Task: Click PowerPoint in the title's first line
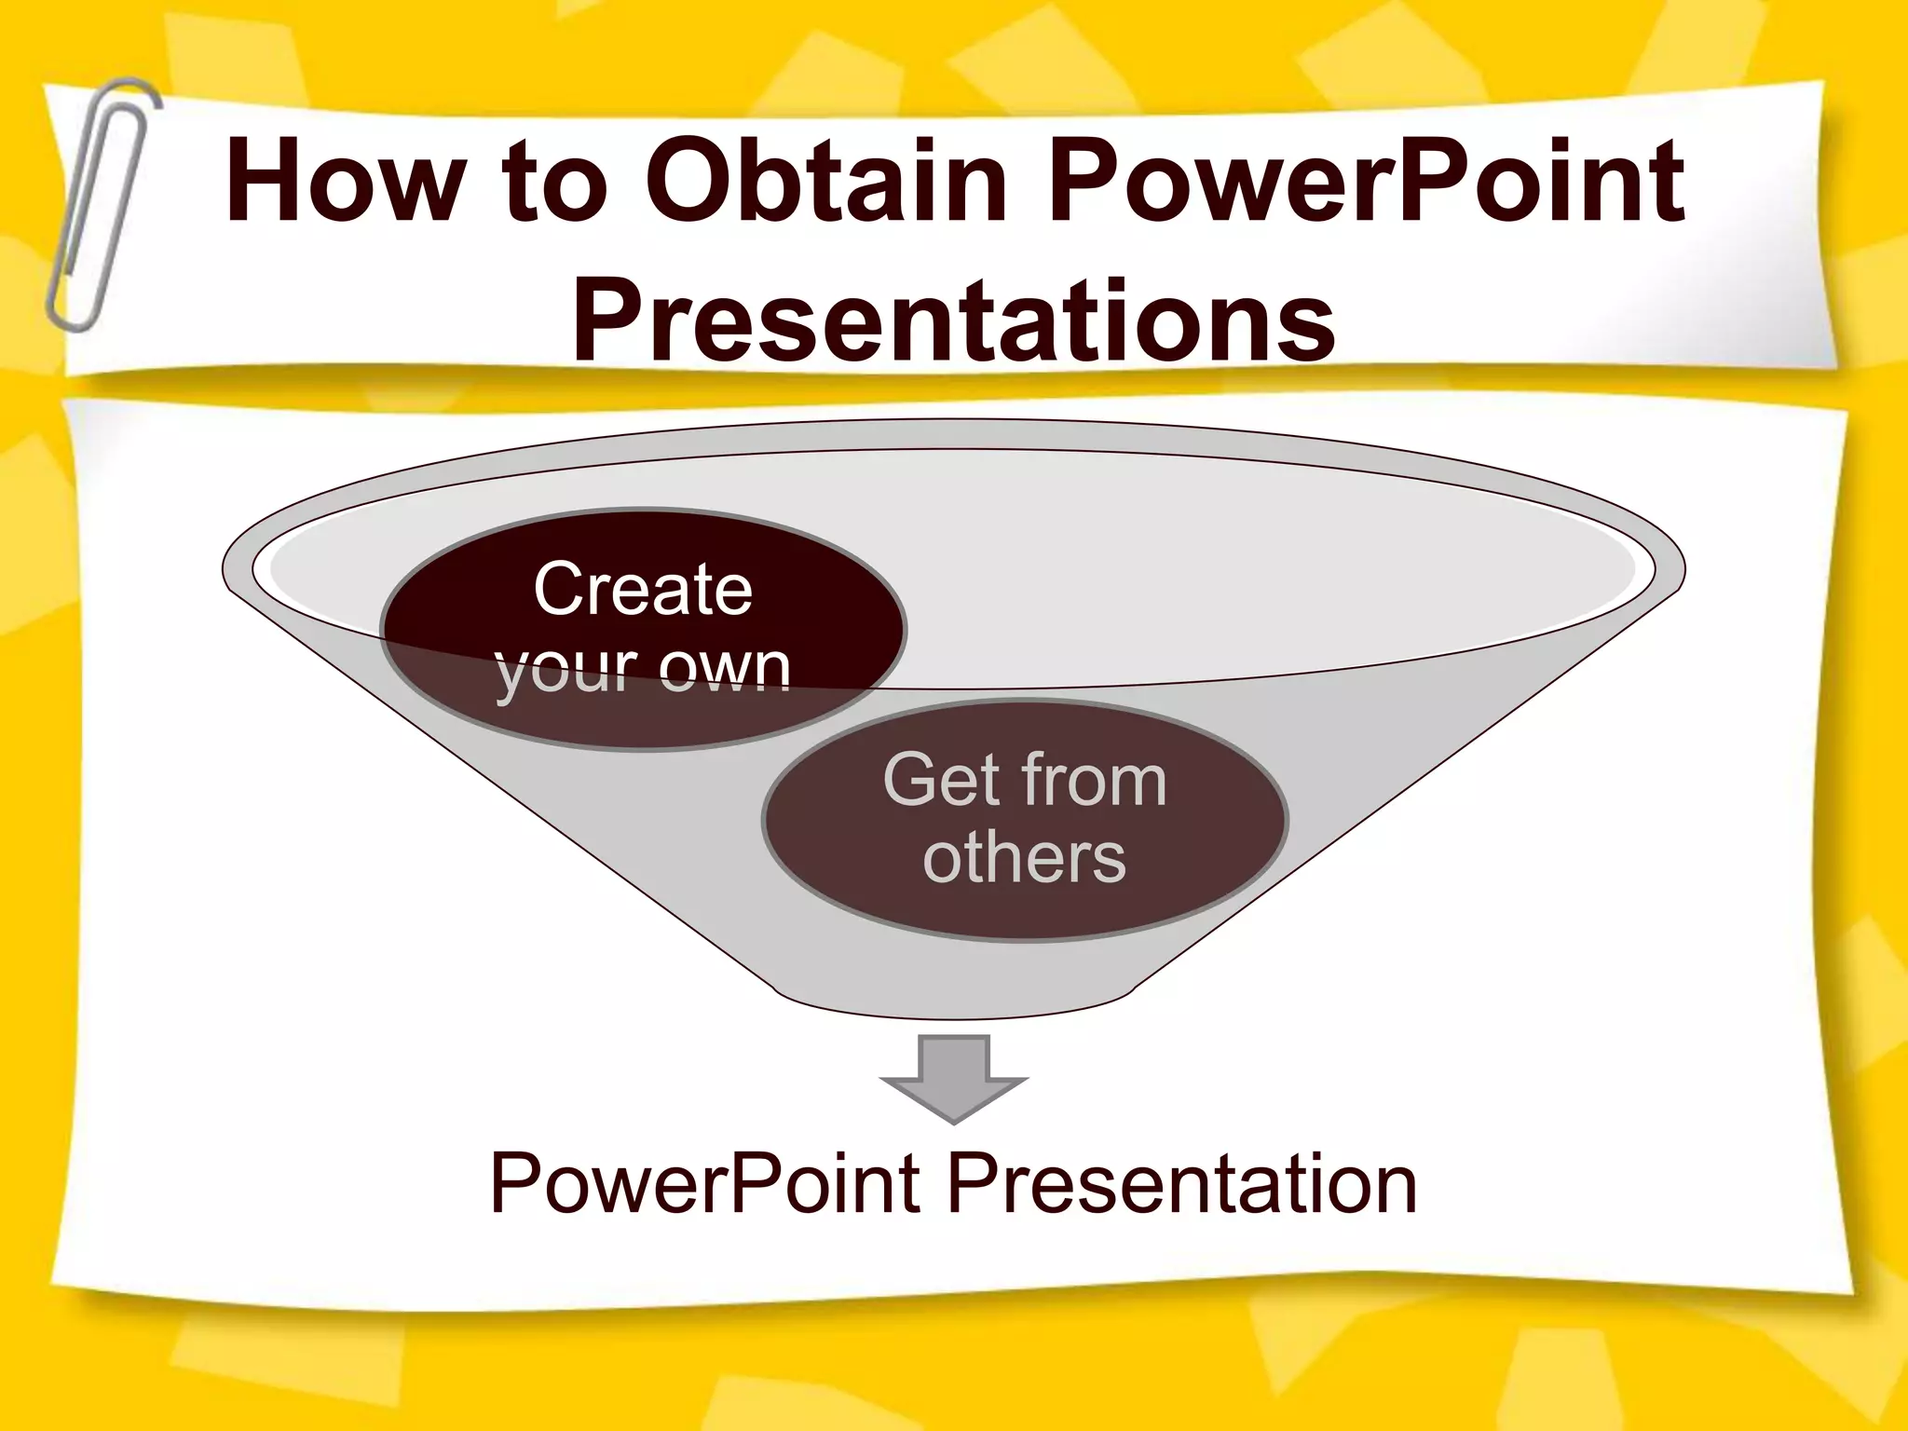coord(1366,183)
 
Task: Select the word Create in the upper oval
coord(643,590)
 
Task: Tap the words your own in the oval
coord(643,668)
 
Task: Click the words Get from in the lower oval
coord(1025,781)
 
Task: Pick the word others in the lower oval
coord(1025,858)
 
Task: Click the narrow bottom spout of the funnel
coord(953,997)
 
